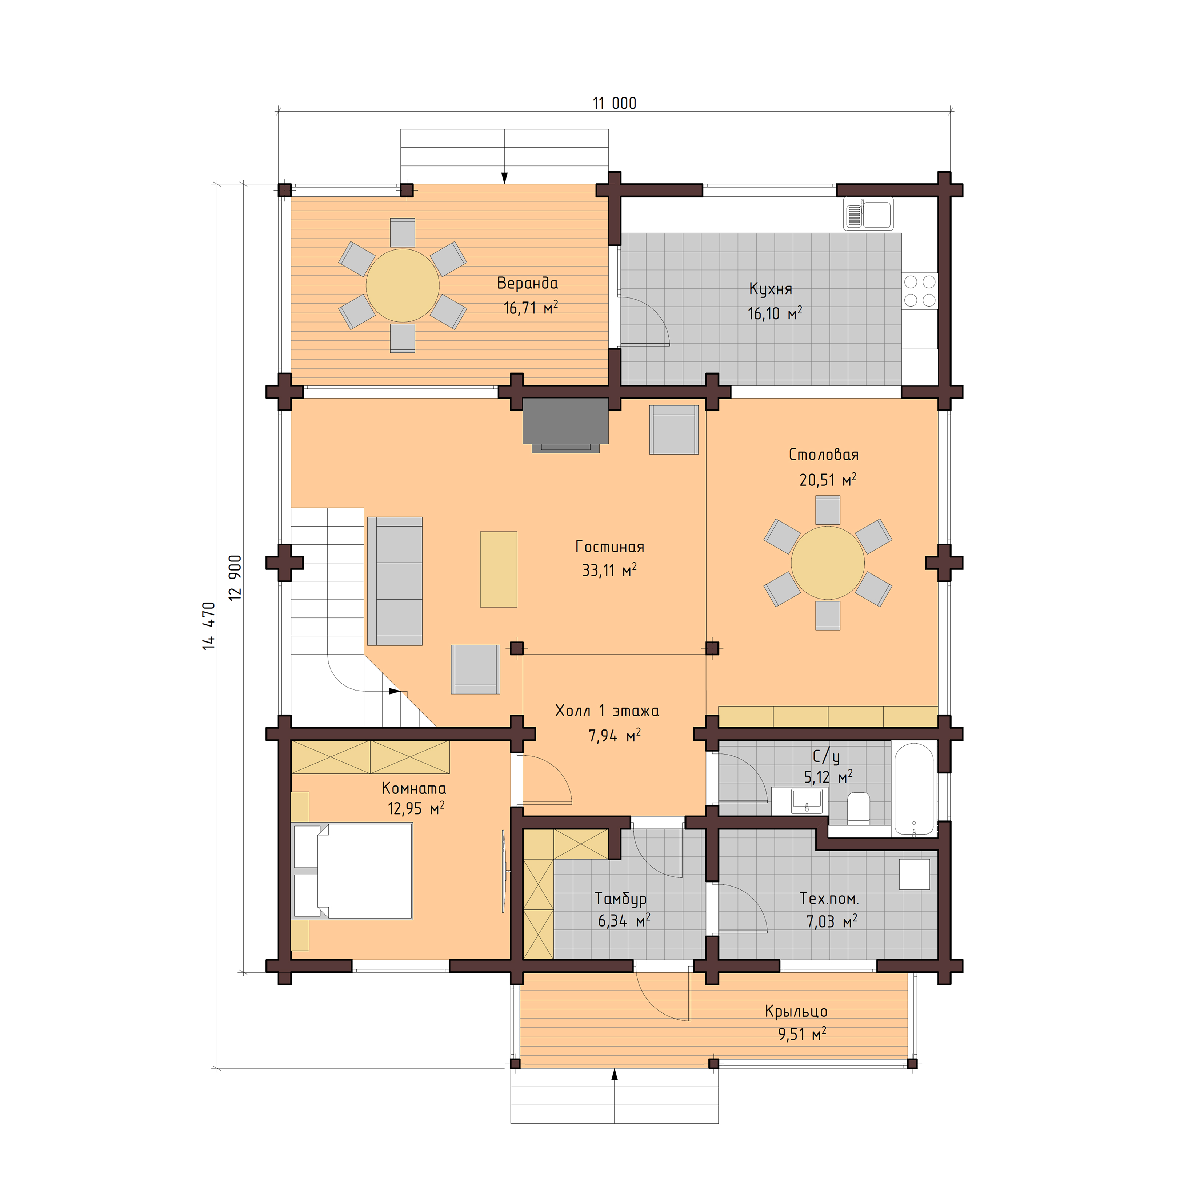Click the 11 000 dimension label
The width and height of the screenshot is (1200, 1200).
click(x=614, y=103)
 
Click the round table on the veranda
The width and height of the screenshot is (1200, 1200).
click(x=403, y=286)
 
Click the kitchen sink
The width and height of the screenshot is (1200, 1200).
click(x=868, y=214)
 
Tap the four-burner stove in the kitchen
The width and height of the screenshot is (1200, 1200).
click(x=920, y=291)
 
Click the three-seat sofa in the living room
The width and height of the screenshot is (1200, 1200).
click(x=395, y=581)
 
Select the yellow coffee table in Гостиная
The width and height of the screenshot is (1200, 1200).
click(x=498, y=569)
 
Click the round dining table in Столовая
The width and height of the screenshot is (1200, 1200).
click(x=827, y=563)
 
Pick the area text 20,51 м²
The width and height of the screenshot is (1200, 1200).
click(x=827, y=480)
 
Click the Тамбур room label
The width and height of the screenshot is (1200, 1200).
click(x=620, y=899)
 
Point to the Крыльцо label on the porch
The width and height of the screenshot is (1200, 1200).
click(x=796, y=1012)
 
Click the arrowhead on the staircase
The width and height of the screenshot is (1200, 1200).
click(x=393, y=691)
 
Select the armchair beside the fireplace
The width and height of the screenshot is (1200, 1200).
click(x=674, y=430)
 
